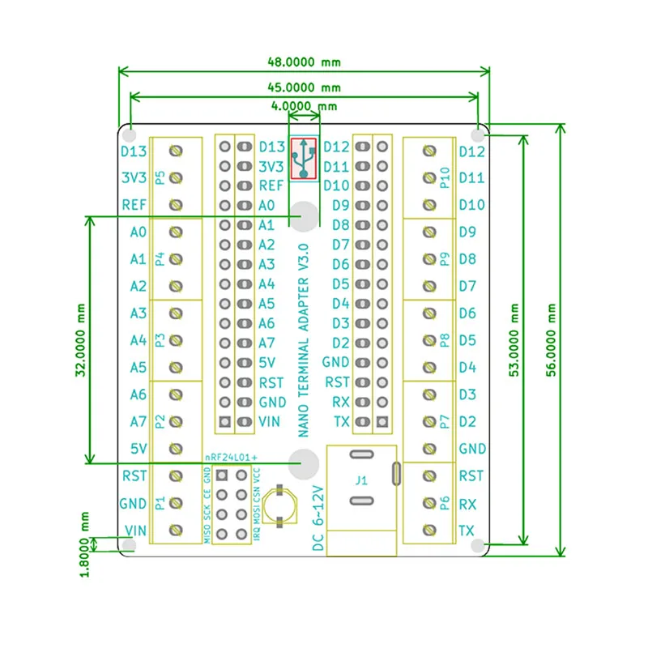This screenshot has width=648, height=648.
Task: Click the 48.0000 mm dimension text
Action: pos(305,62)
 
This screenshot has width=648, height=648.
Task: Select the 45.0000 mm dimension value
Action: pos(305,87)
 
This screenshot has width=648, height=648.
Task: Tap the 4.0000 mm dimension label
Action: pos(305,106)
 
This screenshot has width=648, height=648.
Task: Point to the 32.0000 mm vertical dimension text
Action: pos(80,339)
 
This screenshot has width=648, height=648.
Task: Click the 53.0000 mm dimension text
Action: pos(514,339)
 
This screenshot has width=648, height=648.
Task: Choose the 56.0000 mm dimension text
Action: pos(552,339)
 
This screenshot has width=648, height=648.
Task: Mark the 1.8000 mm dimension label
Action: pos(84,544)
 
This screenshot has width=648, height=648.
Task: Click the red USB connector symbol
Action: pos(304,159)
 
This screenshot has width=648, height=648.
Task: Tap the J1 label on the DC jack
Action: pos(361,480)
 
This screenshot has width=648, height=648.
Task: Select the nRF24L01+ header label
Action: pos(231,458)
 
